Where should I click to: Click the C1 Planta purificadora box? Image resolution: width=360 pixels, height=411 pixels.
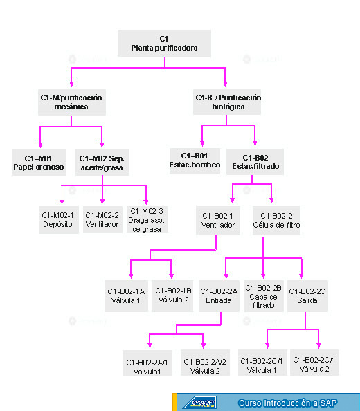tap(164, 44)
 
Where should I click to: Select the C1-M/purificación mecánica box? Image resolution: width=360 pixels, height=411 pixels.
tap(72, 102)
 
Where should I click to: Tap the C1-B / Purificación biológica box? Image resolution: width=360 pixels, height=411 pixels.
tap(227, 102)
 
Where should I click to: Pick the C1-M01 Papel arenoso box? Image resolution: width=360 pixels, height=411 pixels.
tap(39, 163)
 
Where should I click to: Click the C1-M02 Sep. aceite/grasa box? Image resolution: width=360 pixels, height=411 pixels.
tap(102, 163)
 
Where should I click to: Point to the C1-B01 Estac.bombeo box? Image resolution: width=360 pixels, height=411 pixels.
tap(195, 161)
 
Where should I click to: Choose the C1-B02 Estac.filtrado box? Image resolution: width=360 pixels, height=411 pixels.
tap(255, 162)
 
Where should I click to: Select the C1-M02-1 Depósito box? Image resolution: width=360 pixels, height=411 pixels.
tap(59, 220)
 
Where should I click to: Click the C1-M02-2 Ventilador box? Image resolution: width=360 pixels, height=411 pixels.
tap(102, 219)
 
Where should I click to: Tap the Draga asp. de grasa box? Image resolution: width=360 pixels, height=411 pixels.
tap(147, 219)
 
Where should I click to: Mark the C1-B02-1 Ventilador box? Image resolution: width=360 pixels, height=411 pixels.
tap(218, 220)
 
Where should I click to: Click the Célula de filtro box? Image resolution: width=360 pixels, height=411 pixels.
tap(276, 220)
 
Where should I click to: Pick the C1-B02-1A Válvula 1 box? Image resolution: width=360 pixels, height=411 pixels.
tap(126, 296)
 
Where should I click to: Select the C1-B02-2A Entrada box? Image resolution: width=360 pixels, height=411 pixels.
tap(219, 296)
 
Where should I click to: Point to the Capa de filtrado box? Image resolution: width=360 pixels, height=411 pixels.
tap(264, 296)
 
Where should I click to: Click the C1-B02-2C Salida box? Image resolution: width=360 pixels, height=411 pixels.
tap(307, 296)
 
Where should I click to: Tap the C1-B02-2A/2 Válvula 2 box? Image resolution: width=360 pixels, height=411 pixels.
tap(205, 363)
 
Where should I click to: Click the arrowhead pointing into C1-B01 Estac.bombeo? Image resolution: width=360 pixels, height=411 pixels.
tap(202, 143)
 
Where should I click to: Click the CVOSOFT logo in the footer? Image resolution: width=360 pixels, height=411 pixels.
tap(200, 403)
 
